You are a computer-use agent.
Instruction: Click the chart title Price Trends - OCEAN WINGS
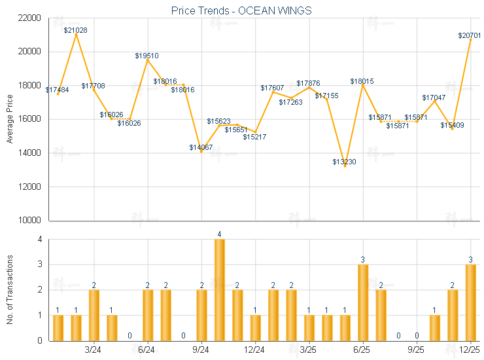tap(241, 10)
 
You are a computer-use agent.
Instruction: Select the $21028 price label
tap(76, 30)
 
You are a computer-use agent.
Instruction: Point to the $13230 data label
tap(344, 162)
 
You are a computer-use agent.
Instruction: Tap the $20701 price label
tap(470, 35)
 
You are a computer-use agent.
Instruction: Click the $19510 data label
tap(147, 56)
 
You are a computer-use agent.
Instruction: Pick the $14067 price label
tap(201, 147)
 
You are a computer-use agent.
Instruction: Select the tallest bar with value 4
tap(220, 289)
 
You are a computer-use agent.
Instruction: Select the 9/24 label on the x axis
tap(201, 350)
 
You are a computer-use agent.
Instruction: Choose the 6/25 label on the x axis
tap(363, 350)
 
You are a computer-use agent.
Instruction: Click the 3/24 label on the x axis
tap(94, 350)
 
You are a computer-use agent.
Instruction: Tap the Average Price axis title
tap(9, 119)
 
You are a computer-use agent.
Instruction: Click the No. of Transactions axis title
tap(9, 290)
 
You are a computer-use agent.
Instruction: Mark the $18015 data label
tap(362, 81)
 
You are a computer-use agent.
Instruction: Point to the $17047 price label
tap(434, 98)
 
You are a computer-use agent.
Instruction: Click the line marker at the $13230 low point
tap(345, 166)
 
